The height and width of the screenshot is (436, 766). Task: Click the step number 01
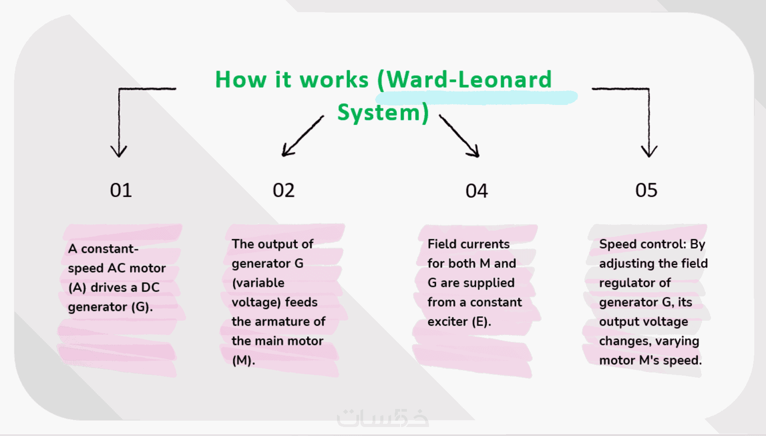coord(121,191)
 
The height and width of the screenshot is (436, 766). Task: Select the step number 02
coord(283,191)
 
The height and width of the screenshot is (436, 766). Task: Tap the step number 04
coord(476,191)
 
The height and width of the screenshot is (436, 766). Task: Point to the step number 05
coord(646,191)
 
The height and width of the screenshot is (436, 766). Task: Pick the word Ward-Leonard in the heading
coord(469,80)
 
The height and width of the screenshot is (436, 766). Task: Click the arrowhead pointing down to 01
coord(119,151)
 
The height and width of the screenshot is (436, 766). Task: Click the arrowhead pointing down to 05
coord(649,151)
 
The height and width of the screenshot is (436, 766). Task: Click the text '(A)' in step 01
coord(77,287)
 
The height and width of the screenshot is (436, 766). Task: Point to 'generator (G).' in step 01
coord(110,307)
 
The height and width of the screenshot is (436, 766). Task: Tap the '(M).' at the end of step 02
coord(243,360)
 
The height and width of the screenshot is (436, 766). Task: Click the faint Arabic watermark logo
coord(383,418)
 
